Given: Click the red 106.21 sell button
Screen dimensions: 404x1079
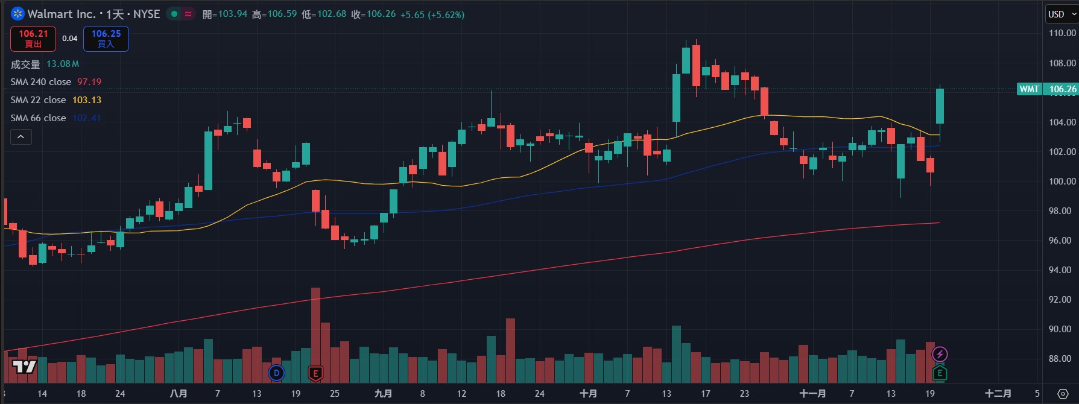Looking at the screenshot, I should pos(33,39).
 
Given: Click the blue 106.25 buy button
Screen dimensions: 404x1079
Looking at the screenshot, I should pos(106,39).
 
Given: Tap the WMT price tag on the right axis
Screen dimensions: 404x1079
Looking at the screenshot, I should pos(1030,89).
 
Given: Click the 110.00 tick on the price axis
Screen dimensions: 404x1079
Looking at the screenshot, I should pos(1062,33).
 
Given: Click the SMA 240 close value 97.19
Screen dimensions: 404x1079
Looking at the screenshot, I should pos(89,82).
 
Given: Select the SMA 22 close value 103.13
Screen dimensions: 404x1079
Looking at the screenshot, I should pos(87,100).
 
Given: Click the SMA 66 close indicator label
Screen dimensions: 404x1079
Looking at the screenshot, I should pos(38,118).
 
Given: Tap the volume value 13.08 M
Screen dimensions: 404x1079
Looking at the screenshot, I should pos(63,64).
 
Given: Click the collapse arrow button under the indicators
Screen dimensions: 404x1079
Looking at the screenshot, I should pos(21,137).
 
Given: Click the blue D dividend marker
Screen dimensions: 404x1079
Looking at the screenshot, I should pos(276,373).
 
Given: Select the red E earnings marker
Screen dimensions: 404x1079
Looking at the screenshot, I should pos(315,373).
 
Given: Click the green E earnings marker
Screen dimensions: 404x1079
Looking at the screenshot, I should pos(940,373).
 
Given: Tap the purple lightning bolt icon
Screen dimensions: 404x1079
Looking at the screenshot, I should pos(940,355).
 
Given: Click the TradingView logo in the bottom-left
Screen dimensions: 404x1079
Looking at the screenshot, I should pos(24,366).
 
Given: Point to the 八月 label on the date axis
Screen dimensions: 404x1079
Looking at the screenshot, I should pos(179,394).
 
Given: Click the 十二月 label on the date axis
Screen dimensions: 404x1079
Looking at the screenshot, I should pos(998,394).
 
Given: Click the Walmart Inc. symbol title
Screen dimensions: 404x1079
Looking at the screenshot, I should pos(61,14).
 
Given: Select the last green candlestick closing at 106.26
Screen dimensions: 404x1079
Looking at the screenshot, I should pos(940,106).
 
